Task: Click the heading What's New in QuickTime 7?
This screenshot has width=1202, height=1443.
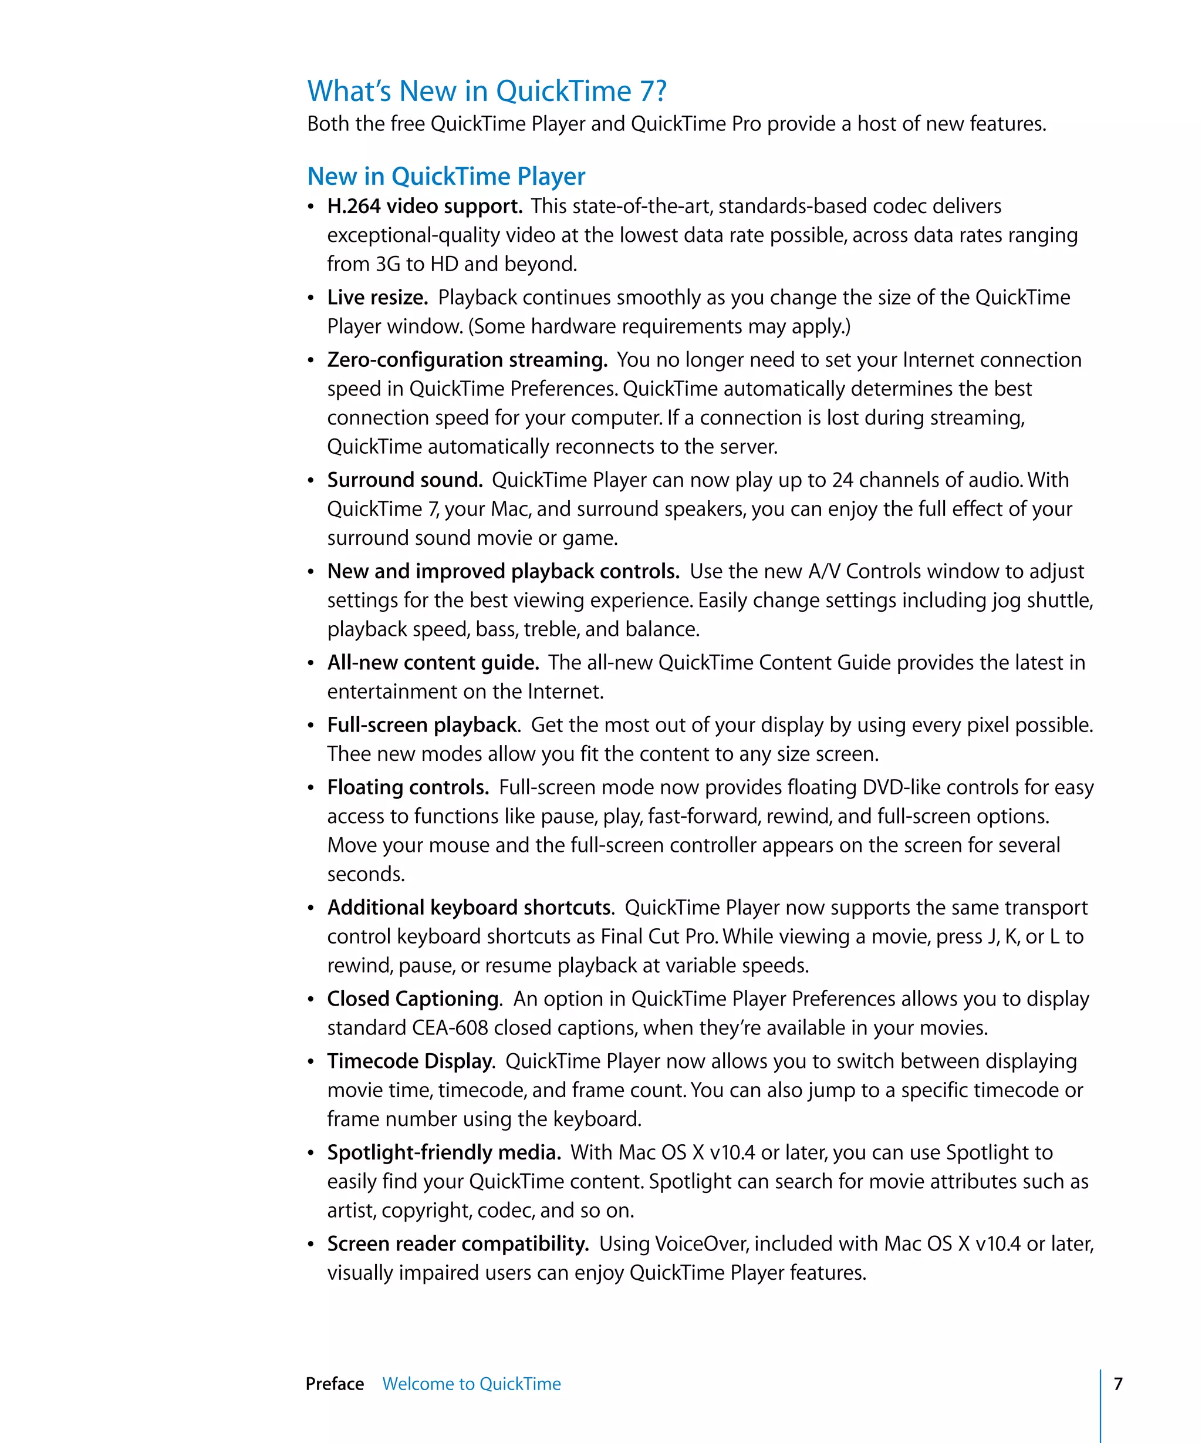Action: (487, 92)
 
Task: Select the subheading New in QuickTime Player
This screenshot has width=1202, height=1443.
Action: (446, 177)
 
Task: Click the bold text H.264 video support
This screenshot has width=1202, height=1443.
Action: (424, 206)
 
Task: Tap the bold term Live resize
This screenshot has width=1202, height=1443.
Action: (377, 298)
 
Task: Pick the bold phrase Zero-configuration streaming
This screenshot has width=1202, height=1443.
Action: (467, 360)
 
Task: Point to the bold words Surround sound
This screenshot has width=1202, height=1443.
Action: (404, 480)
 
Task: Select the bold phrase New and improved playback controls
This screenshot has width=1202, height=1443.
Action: (503, 571)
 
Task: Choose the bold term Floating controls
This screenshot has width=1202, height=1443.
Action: (408, 787)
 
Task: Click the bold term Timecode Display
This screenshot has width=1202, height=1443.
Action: (411, 1061)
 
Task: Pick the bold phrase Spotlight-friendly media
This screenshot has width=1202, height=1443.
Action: (444, 1153)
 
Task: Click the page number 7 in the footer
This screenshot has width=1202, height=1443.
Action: (1117, 1384)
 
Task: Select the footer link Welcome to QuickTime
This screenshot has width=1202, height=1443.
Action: (471, 1384)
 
